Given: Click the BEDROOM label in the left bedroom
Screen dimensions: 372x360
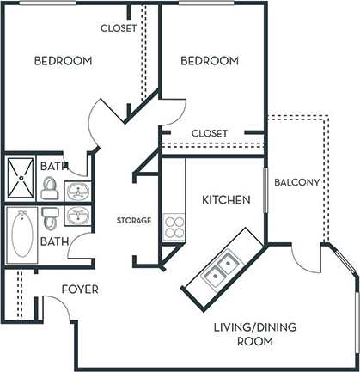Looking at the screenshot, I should pos(63,61).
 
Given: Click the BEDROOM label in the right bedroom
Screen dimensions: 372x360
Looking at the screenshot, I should pos(209,61).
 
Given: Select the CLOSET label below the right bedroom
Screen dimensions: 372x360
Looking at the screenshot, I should pos(209,133).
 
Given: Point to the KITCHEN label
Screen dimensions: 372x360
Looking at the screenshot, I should pos(226,200).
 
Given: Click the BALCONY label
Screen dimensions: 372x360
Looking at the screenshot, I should pos(296,182).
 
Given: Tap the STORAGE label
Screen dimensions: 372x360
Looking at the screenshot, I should pos(134,221).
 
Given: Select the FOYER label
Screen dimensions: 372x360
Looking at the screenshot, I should pos(80,290).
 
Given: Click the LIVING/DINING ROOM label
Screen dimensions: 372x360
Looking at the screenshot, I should pos(243,334).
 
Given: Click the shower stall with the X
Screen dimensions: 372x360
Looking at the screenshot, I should pos(21,178).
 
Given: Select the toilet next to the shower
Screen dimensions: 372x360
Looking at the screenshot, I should pos(50,186).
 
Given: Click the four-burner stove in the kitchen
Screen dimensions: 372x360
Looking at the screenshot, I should pos(174,226).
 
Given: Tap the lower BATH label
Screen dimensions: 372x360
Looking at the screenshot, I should pos(53,243).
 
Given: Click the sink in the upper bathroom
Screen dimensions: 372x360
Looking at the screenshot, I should pos(79,190).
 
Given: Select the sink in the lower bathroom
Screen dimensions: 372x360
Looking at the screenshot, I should pos(79,215).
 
